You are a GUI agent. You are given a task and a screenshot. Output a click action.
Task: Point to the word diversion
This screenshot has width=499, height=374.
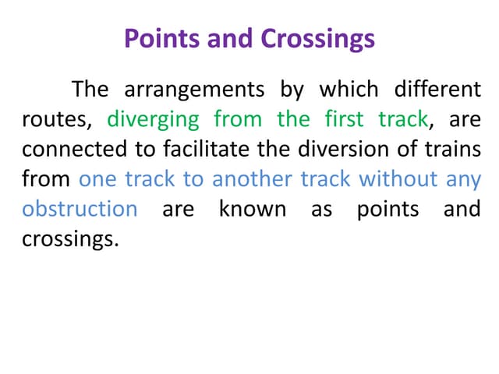tap(306, 150)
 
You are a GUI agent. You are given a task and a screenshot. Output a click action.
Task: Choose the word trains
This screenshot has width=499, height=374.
tap(450, 150)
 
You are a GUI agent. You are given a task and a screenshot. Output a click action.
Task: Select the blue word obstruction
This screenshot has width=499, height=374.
tap(80, 209)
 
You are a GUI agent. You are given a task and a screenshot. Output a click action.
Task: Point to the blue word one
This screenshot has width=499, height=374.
tap(97, 179)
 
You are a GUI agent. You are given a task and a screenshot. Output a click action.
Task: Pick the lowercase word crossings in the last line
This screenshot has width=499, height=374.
tap(70, 239)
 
